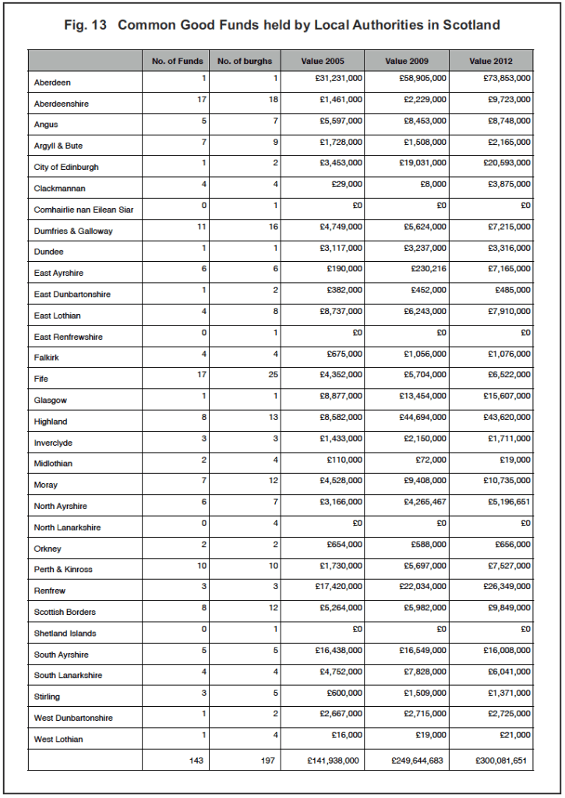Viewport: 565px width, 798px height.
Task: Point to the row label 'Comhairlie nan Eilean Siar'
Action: [84, 210]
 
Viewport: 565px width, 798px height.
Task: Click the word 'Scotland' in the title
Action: [471, 25]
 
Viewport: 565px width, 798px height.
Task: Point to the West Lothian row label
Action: [58, 739]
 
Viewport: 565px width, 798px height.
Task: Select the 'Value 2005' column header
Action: [323, 61]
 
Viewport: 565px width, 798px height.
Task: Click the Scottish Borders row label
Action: [65, 612]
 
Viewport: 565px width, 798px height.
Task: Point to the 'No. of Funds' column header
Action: [177, 61]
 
